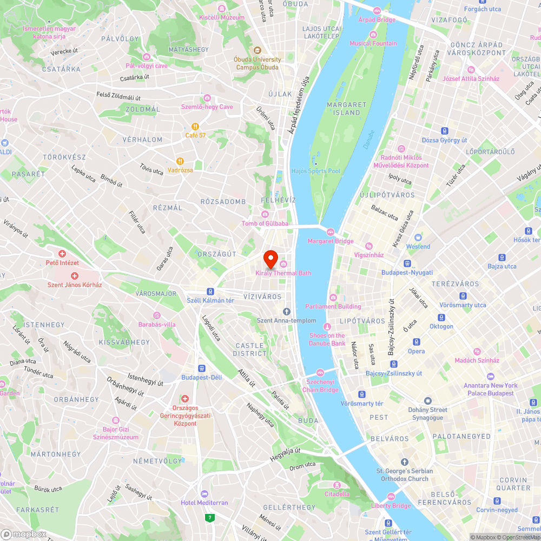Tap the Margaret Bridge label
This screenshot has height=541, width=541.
pyautogui.click(x=331, y=241)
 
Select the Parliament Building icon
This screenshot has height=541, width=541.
pyautogui.click(x=332, y=298)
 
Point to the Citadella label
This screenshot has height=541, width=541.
pyautogui.click(x=337, y=494)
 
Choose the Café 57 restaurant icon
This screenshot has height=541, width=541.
pyautogui.click(x=188, y=126)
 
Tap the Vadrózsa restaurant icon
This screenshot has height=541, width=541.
pyautogui.click(x=180, y=161)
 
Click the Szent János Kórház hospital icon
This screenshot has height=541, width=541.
pyautogui.click(x=75, y=276)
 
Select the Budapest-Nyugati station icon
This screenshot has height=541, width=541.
pyautogui.click(x=407, y=263)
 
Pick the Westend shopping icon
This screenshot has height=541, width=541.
pyautogui.click(x=418, y=237)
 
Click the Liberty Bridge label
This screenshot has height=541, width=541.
pyautogui.click(x=391, y=506)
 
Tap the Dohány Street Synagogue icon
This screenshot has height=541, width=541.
pyautogui.click(x=428, y=401)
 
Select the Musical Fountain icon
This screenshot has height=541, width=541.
pyautogui.click(x=373, y=35)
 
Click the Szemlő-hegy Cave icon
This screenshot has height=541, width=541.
pyautogui.click(x=207, y=98)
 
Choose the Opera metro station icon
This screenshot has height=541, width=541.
pyautogui.click(x=416, y=342)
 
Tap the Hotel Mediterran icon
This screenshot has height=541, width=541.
pyautogui.click(x=204, y=494)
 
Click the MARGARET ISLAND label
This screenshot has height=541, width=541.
pyautogui.click(x=343, y=109)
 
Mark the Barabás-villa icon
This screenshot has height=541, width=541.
pyautogui.click(x=157, y=315)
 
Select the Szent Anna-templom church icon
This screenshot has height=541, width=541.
pyautogui.click(x=287, y=312)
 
